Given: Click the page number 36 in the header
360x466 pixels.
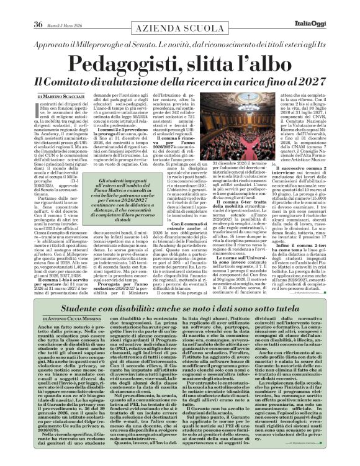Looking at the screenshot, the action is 20,8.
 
